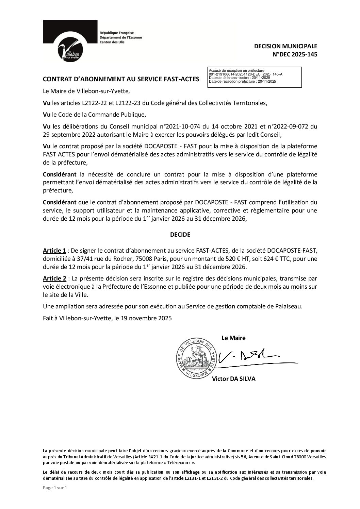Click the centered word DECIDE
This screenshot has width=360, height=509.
pyautogui.click(x=180, y=235)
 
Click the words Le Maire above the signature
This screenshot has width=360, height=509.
pyautogui.click(x=233, y=338)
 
